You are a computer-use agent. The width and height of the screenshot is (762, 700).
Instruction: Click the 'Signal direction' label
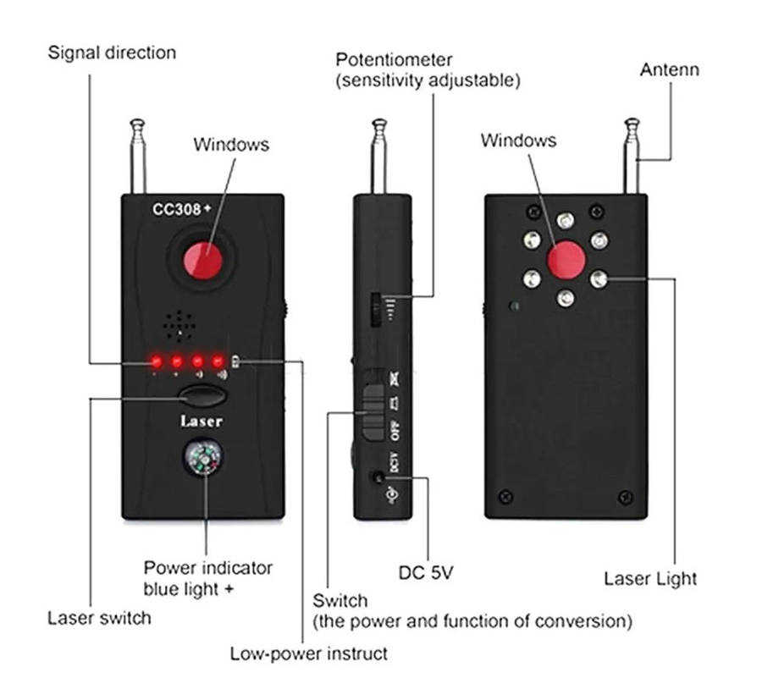112,52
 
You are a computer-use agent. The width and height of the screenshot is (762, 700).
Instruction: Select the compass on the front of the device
203,461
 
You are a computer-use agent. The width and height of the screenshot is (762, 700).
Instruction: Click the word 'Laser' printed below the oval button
202,421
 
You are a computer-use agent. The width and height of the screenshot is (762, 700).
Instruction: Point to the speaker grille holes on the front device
179,322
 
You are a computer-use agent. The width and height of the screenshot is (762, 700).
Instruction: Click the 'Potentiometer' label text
394,60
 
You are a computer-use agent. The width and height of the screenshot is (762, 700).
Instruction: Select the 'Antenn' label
669,69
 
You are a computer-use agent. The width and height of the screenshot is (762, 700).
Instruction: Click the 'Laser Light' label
650,579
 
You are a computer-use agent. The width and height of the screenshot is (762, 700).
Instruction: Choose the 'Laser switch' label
99,617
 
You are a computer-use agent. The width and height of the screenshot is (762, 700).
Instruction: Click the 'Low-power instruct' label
308,653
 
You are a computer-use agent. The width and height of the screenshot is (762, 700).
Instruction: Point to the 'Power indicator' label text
208,568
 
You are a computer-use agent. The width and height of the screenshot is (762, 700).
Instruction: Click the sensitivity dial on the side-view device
373,309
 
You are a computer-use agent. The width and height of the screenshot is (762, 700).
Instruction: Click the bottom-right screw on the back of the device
625,496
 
